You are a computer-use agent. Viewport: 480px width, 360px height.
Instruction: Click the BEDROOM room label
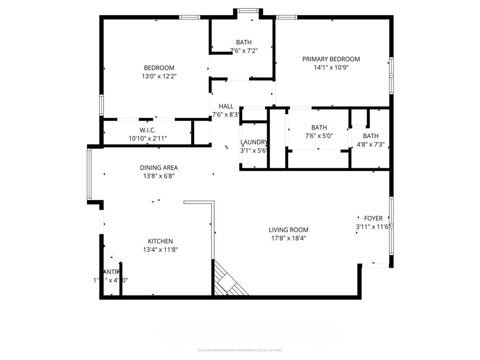(x=159, y=67)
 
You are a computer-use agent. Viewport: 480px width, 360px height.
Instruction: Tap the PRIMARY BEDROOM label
(x=331, y=59)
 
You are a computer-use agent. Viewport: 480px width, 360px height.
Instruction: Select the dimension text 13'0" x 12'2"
(x=159, y=76)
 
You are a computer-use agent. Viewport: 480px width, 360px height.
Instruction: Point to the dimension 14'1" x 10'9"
(x=331, y=67)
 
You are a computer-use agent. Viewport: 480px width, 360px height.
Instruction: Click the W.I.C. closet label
(x=147, y=130)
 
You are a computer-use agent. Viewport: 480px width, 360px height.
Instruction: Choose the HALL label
(x=226, y=106)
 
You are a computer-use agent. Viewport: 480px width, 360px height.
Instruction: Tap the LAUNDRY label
(x=254, y=142)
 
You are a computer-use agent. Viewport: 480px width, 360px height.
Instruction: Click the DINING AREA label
(x=158, y=168)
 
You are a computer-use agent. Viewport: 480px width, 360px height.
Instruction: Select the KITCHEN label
(x=160, y=241)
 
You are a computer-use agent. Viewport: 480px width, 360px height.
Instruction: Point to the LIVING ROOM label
(x=288, y=230)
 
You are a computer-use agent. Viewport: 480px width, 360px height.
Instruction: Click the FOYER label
(x=373, y=218)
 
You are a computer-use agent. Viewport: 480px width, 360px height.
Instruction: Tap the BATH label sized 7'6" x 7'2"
(x=244, y=42)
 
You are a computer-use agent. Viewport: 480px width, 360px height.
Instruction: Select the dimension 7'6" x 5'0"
(x=319, y=136)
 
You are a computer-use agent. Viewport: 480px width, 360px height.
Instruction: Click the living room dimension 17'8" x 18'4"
(x=288, y=238)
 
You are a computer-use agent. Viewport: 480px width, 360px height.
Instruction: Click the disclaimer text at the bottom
(x=240, y=350)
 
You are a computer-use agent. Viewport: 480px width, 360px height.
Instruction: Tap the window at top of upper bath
(x=247, y=10)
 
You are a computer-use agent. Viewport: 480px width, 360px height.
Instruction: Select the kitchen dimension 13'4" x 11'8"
(x=160, y=250)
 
